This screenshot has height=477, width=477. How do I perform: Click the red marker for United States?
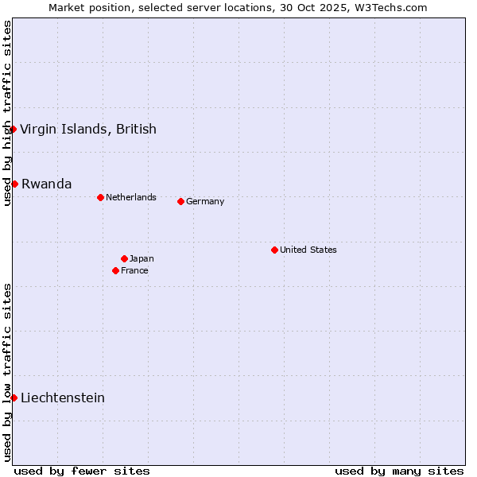[x=274, y=250]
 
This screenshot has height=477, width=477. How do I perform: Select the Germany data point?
[x=180, y=201]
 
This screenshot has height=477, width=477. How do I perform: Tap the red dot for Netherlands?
[x=100, y=197]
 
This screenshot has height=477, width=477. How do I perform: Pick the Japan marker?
[x=124, y=258]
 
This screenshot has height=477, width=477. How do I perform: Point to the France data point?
[x=115, y=270]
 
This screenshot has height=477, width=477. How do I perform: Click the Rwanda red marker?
[x=14, y=184]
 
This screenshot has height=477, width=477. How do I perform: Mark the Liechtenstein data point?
[x=14, y=397]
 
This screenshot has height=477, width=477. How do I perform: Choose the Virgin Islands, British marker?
[x=13, y=129]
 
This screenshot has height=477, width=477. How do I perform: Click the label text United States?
[x=308, y=250]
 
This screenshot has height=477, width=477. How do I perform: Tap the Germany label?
[x=205, y=201]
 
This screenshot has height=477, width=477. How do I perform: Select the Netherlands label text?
[x=131, y=197]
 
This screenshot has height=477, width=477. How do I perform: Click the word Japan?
[x=142, y=258]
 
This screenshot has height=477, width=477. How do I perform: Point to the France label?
[x=134, y=270]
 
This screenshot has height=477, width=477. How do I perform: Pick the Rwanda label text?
[x=47, y=184]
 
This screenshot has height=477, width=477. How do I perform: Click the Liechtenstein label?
[x=63, y=397]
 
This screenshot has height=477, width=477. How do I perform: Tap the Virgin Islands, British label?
[x=88, y=129]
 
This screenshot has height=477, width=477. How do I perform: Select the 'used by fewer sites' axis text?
[x=82, y=471]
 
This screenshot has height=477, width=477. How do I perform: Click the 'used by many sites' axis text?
[x=399, y=471]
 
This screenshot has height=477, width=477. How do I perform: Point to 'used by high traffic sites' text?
[x=7, y=114]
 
